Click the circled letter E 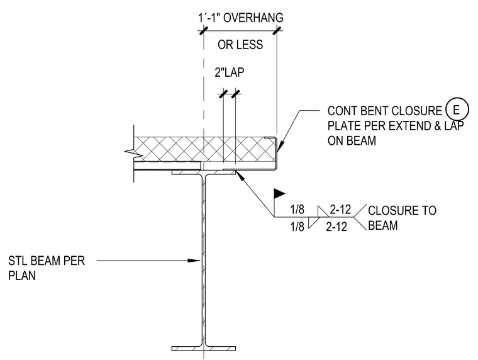point(457,110)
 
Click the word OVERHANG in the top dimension point(253,18)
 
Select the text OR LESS point(240,45)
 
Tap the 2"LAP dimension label point(229,72)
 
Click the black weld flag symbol point(279,193)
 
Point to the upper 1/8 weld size point(297,210)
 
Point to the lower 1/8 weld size point(297,227)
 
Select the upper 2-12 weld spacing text point(340,210)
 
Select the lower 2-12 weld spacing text point(336,227)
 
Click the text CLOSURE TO point(402,210)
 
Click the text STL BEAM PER point(47,261)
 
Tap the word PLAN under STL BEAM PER point(22,276)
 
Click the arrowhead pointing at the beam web point(194,261)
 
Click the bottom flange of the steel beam point(204,349)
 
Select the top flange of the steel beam point(204,172)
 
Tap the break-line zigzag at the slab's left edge point(134,152)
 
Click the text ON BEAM point(352,140)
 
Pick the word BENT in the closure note point(375,111)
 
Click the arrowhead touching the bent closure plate point(281,146)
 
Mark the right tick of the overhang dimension point(277,30)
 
